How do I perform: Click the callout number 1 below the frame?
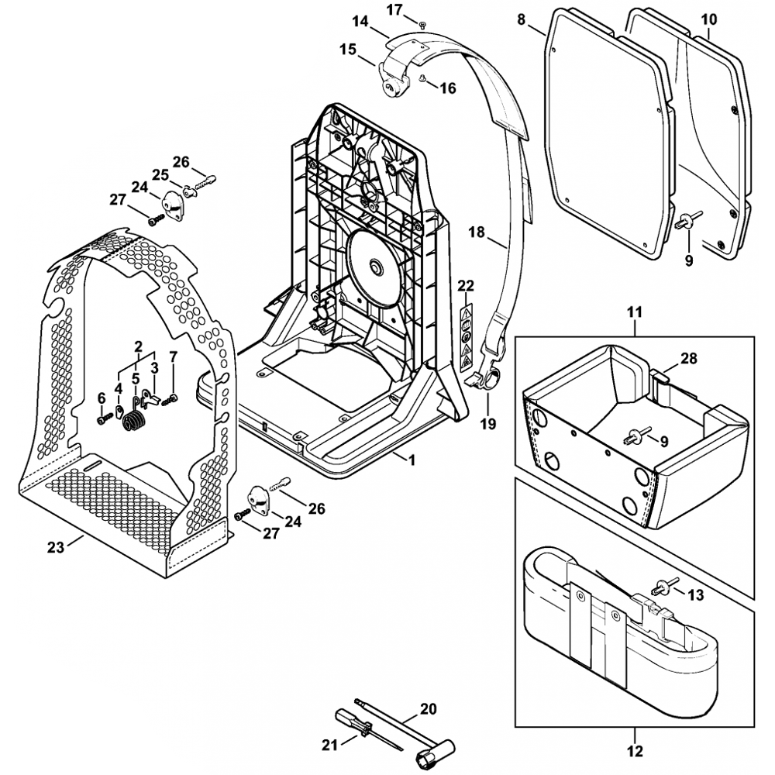(x=412, y=460)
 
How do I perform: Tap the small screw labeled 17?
(x=422, y=26)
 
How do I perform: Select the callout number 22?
(x=465, y=286)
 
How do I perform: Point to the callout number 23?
(x=54, y=546)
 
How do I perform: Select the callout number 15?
(x=347, y=49)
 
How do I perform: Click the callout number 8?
(x=520, y=19)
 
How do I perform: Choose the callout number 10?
(x=708, y=19)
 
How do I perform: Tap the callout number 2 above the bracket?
(x=138, y=346)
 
